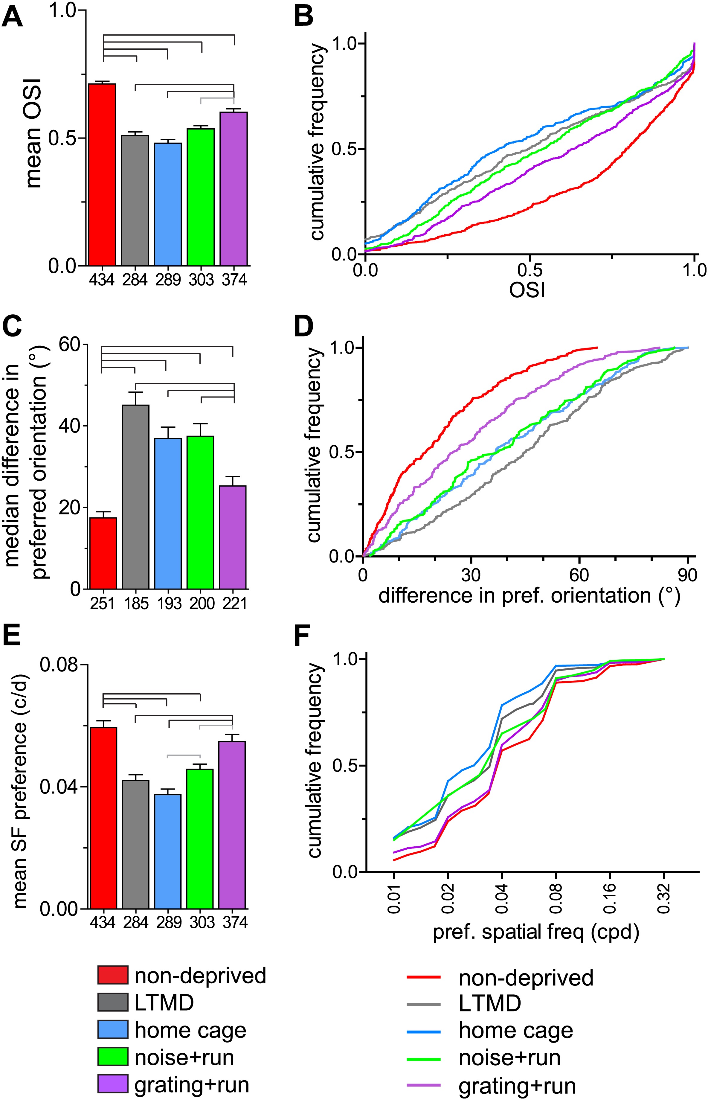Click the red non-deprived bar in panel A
(102, 175)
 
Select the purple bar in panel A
(234, 188)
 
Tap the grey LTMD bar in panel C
(136, 497)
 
